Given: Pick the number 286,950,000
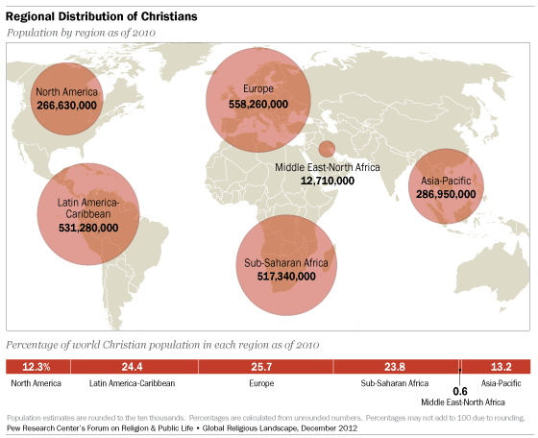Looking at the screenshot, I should pyautogui.click(x=446, y=193).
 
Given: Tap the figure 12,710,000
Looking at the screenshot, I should pyautogui.click(x=328, y=180).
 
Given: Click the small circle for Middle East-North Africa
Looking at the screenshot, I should pyautogui.click(x=327, y=149).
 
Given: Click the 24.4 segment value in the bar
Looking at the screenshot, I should pyautogui.click(x=132, y=367).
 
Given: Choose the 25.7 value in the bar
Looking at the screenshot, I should pyautogui.click(x=264, y=367).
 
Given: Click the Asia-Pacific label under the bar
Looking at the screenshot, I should pyautogui.click(x=501, y=383).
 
